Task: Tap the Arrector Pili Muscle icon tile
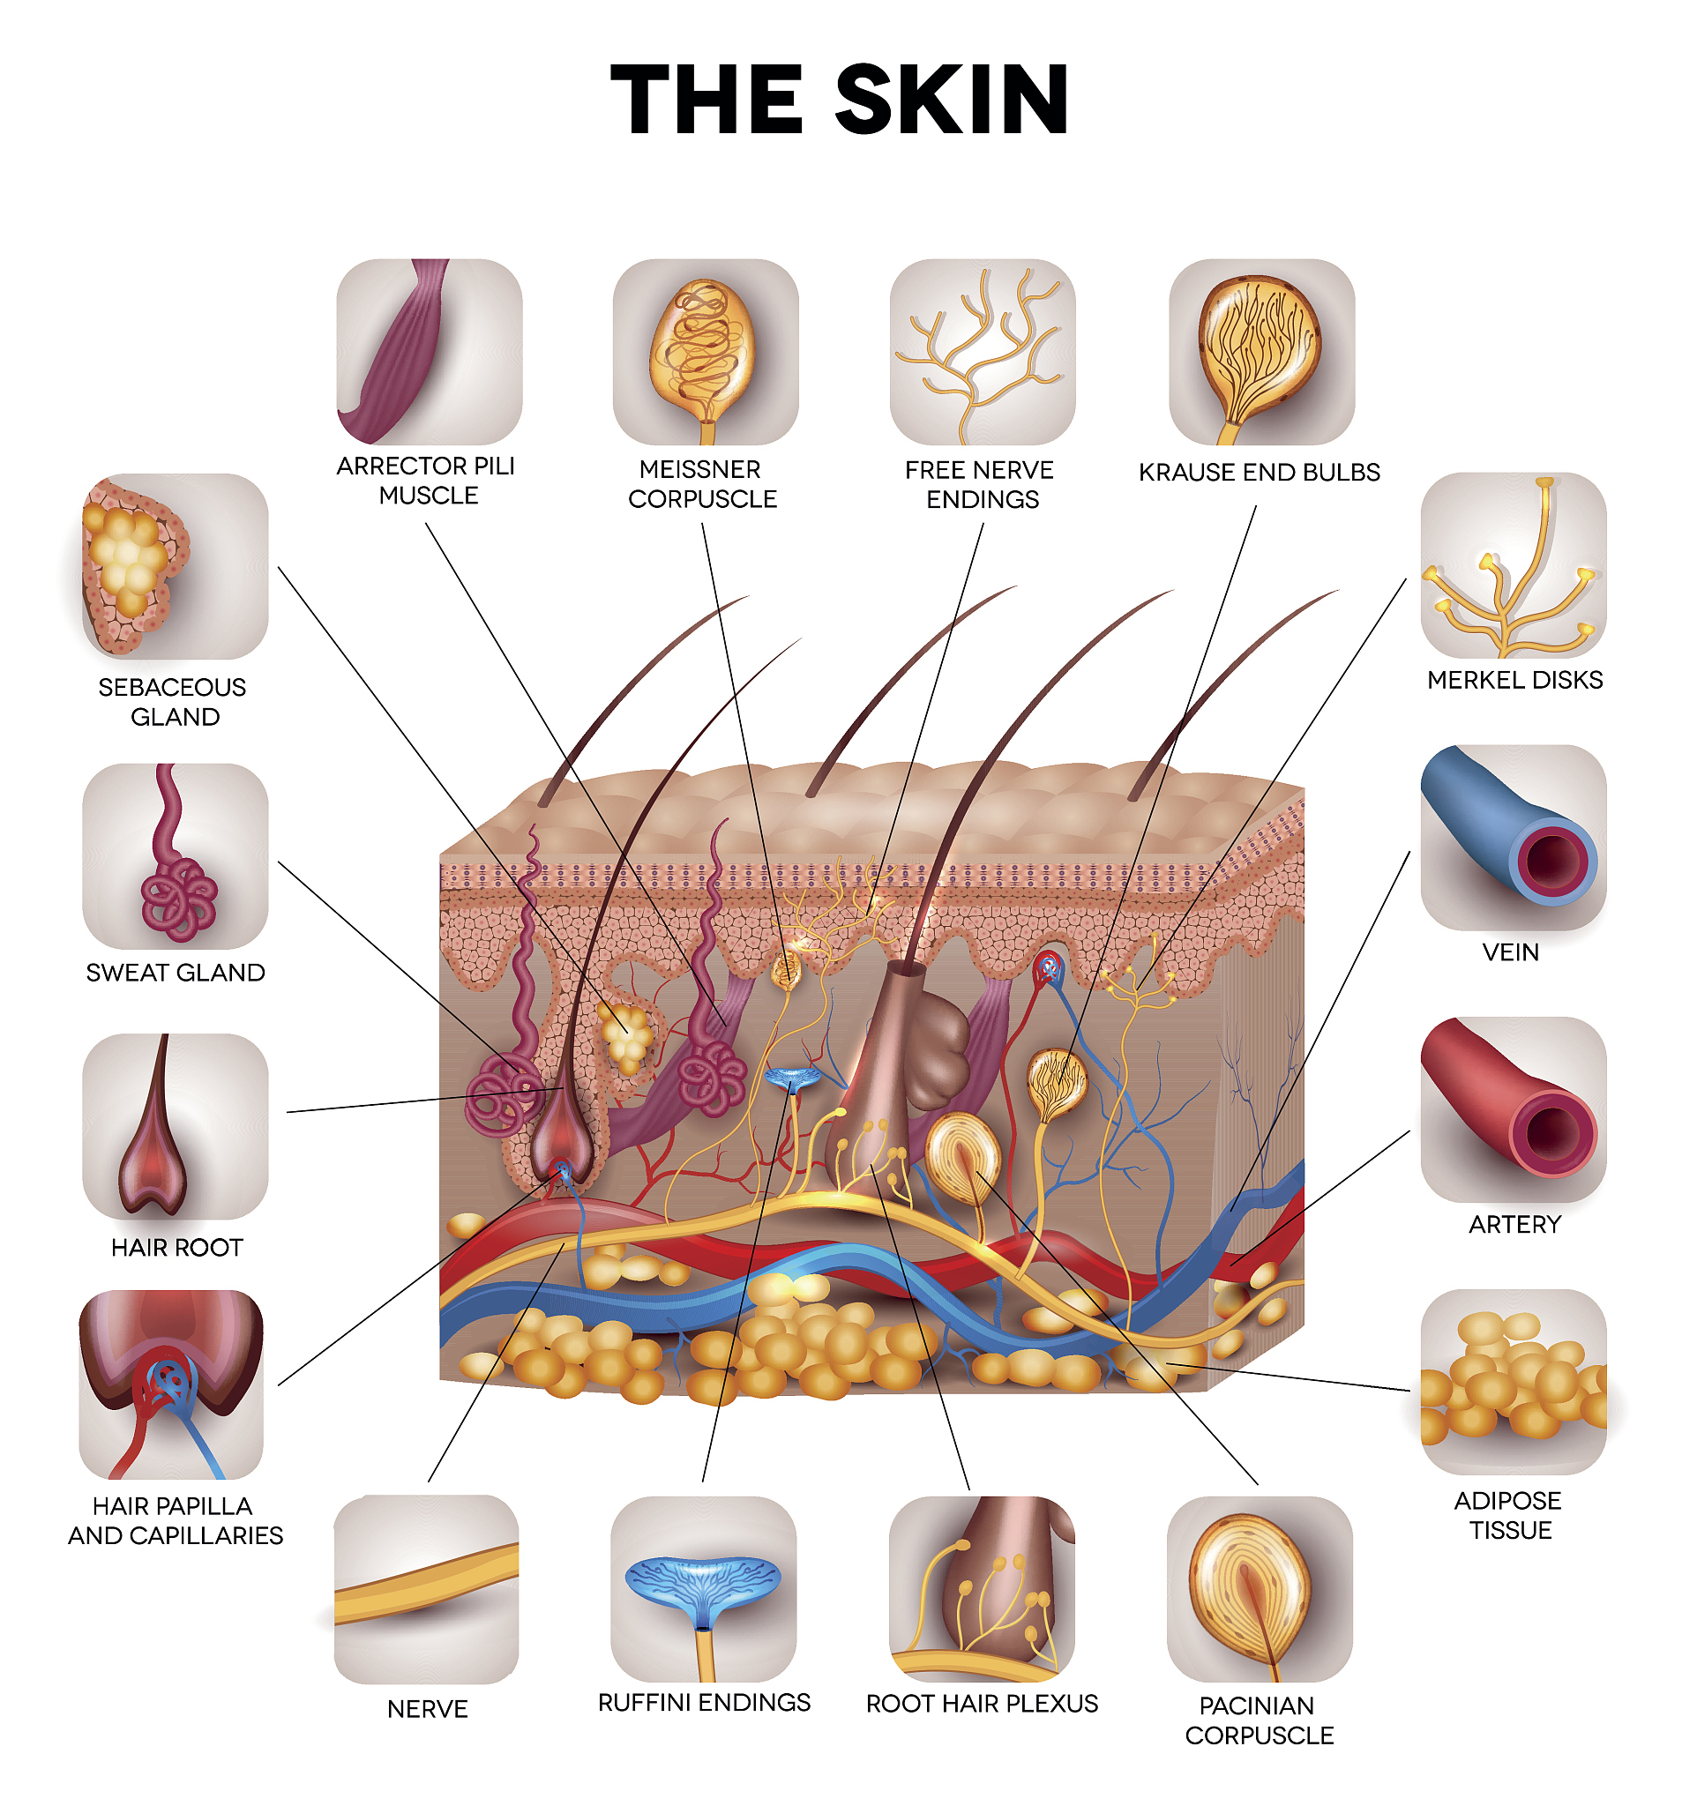click(429, 352)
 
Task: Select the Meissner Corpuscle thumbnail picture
click(705, 352)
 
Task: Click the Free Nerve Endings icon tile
click(982, 352)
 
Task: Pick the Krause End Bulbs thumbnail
click(1261, 352)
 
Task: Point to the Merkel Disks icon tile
click(1513, 565)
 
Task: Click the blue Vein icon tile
click(1513, 838)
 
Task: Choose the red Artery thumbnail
click(1513, 1109)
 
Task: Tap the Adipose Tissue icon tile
click(1513, 1382)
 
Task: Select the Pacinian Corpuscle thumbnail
click(1260, 1589)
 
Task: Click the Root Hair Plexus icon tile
click(981, 1589)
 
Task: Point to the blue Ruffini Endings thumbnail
click(703, 1589)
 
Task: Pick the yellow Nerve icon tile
click(426, 1589)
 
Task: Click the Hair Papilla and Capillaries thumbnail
click(171, 1384)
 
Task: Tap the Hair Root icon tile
click(175, 1126)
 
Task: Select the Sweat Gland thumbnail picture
click(175, 855)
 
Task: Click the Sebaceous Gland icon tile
click(175, 566)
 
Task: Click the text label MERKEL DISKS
click(1514, 680)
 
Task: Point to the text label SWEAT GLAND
click(176, 972)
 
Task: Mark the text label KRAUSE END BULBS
click(1260, 473)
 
